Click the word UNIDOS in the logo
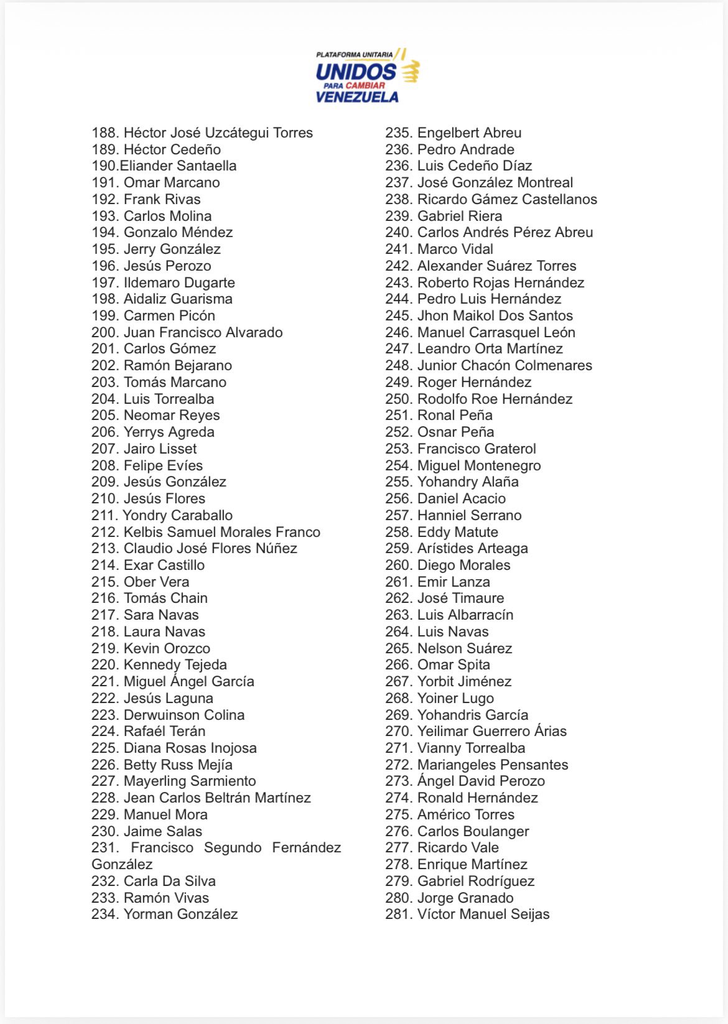(355, 72)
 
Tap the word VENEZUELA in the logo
(357, 97)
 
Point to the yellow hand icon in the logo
(410, 72)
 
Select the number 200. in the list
(105, 332)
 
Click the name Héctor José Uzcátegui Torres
(218, 133)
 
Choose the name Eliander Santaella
(178, 165)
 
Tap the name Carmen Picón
(169, 315)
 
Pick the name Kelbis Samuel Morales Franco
(222, 532)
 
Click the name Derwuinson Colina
(184, 715)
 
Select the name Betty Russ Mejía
(178, 765)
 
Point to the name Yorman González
(180, 914)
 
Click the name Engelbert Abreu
(469, 133)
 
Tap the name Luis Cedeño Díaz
(474, 165)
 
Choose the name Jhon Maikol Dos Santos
(495, 315)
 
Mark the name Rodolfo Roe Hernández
(495, 399)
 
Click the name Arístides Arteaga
(472, 548)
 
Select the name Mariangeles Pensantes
(492, 765)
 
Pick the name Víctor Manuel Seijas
(483, 914)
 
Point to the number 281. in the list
(398, 914)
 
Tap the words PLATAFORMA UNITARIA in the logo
(354, 55)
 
